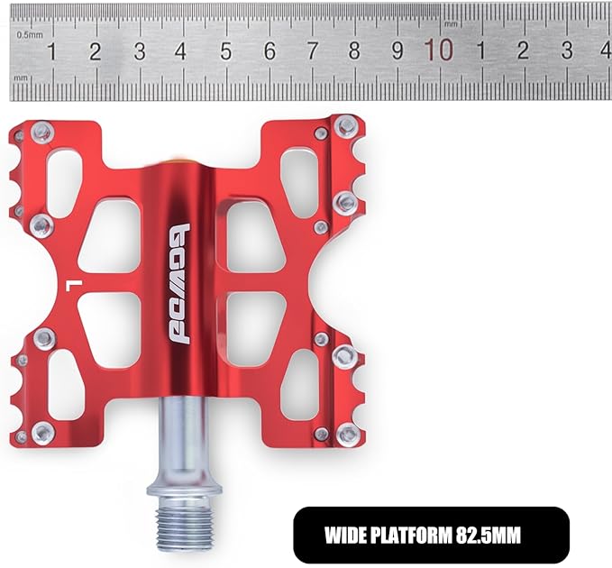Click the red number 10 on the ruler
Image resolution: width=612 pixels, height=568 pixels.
pos(440,50)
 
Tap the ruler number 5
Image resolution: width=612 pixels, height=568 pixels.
pos(225,51)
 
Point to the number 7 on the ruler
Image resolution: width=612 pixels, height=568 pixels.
pos(312,50)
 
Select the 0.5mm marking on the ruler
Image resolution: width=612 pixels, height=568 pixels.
pos(30,35)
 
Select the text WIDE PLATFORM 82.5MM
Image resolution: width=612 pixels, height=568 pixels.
pos(423,536)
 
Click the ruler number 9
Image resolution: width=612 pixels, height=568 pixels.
pos(397,50)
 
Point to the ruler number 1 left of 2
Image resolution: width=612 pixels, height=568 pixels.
pos(51,51)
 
